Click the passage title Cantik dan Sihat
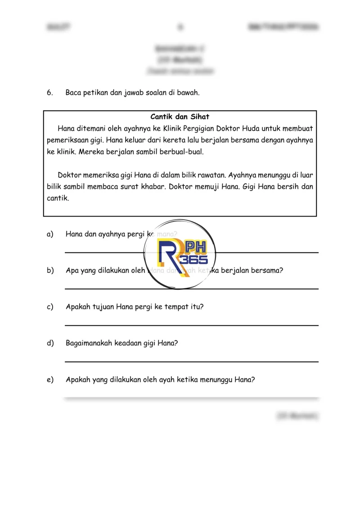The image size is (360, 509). [x=180, y=117]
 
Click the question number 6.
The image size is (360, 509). [x=49, y=93]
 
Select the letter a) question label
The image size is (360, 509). [x=49, y=234]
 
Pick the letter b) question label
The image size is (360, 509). [x=49, y=270]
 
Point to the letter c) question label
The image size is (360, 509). [x=49, y=307]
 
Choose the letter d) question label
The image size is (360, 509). [x=49, y=343]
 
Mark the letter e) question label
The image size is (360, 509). [x=49, y=379]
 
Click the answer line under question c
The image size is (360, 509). [x=191, y=325]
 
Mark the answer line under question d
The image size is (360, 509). [x=191, y=361]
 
